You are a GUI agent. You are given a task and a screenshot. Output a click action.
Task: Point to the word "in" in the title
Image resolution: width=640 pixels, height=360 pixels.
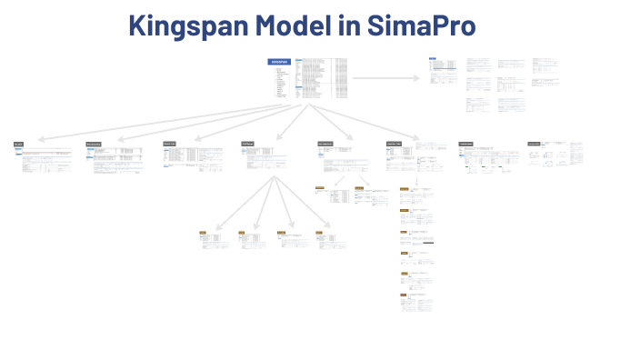pyautogui.click(x=349, y=25)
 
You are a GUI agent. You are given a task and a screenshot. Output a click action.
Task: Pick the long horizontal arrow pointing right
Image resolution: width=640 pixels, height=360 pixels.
pyautogui.click(x=385, y=78)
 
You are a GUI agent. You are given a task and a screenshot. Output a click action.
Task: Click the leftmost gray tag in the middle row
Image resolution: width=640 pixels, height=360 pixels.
pyautogui.click(x=18, y=145)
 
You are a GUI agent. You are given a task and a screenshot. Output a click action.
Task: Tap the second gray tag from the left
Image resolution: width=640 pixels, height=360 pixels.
pyautogui.click(x=93, y=145)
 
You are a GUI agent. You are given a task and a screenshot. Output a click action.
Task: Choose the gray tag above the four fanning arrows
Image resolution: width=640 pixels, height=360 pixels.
pyautogui.click(x=247, y=144)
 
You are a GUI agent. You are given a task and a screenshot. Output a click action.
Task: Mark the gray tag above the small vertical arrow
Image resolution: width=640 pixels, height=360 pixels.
pyautogui.click(x=394, y=144)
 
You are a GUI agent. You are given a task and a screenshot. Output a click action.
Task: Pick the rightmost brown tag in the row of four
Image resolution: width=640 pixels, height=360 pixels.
pyautogui.click(x=319, y=234)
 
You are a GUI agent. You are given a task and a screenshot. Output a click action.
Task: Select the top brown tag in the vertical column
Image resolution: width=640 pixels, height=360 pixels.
pyautogui.click(x=404, y=188)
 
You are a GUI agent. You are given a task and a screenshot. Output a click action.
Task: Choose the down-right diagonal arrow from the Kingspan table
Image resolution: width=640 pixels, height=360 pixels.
pyautogui.click(x=364, y=122)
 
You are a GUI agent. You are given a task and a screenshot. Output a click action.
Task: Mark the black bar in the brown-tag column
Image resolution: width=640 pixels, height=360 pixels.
pyautogui.click(x=426, y=243)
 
